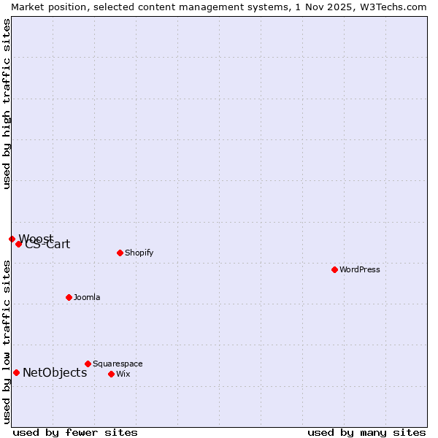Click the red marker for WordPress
click(334, 269)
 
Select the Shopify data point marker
click(120, 253)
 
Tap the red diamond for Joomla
click(69, 297)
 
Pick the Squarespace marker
click(88, 364)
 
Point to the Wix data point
click(111, 374)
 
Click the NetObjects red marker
click(16, 372)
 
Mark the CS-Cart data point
click(19, 244)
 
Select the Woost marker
click(12, 239)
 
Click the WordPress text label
click(359, 269)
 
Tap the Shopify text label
click(139, 253)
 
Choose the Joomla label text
click(87, 297)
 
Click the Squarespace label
click(118, 364)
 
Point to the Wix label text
click(123, 374)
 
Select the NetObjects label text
click(55, 372)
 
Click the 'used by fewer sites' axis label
click(75, 432)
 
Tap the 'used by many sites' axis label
click(366, 432)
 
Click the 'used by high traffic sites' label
click(7, 104)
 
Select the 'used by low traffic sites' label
click(7, 342)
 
